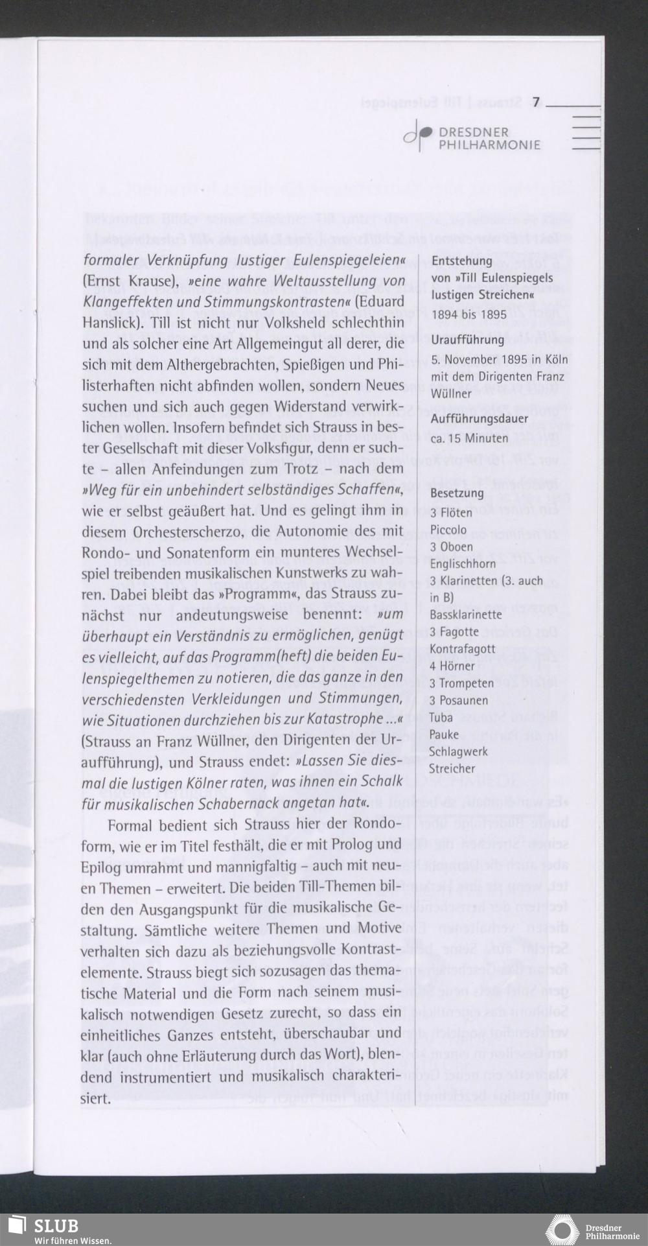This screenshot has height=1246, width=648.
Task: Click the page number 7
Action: (x=537, y=102)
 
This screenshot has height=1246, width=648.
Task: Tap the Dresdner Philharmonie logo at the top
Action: (x=472, y=138)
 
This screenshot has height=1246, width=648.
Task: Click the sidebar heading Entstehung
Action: (x=462, y=261)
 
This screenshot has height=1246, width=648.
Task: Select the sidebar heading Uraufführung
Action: (x=467, y=340)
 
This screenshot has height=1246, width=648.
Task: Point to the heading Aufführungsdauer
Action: (x=479, y=418)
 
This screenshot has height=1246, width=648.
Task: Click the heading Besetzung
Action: (x=457, y=493)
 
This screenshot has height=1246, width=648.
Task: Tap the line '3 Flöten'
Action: (x=452, y=513)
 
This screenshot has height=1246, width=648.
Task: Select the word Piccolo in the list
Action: (x=448, y=530)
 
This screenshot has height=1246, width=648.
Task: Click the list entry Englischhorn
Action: (x=462, y=563)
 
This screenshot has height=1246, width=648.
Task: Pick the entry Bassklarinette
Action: (x=465, y=614)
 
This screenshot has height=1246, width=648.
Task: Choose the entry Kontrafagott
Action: (x=462, y=648)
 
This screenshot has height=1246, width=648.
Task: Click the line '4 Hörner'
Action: (x=452, y=665)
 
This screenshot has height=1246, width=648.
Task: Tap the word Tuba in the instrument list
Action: (x=441, y=717)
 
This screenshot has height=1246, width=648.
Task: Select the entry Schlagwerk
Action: (x=458, y=751)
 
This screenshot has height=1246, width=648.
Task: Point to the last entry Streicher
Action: (x=452, y=768)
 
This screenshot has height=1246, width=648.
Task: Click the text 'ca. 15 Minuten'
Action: (x=469, y=438)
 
